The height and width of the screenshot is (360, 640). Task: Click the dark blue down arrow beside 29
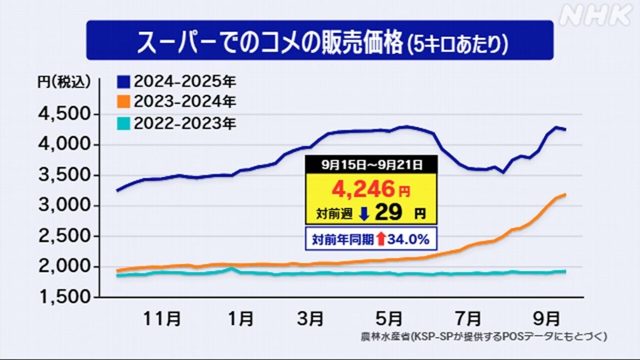(364, 214)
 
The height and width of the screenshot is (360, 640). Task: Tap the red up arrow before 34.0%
(380, 239)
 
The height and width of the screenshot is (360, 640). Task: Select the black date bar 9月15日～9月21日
(371, 165)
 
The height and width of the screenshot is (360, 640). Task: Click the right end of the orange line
(565, 195)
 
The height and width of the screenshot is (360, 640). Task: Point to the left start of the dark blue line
(118, 190)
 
